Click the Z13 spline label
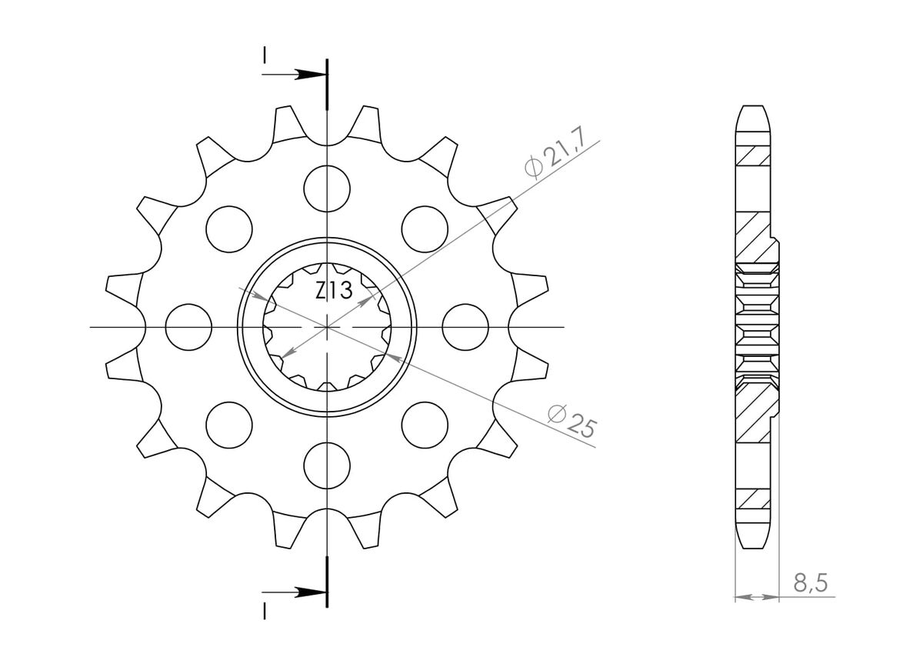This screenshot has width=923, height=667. coord(334,290)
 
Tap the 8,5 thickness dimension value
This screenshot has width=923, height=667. coord(810,582)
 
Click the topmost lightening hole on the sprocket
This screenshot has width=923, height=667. coord(327,188)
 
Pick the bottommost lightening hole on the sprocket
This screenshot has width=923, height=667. coord(327,466)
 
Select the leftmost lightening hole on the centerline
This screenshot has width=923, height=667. coord(188,327)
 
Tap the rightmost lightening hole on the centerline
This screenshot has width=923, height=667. coord(465,327)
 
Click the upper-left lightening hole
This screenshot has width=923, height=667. coord(229,229)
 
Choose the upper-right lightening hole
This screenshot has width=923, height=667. coord(425,229)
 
